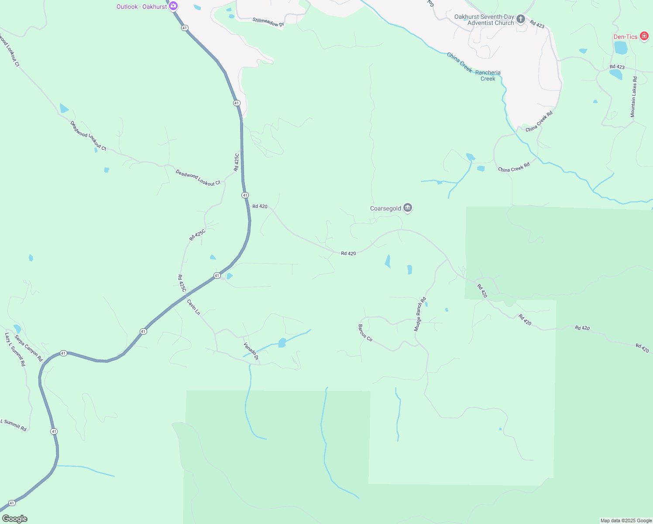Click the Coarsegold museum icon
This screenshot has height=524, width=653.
click(x=408, y=208)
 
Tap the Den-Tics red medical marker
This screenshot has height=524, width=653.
click(x=644, y=36)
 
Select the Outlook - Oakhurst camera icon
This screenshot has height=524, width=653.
click(x=173, y=6)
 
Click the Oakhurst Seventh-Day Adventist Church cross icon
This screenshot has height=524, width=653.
click(x=520, y=19)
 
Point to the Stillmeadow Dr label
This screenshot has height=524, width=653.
click(x=268, y=22)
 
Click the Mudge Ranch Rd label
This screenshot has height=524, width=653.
click(x=419, y=314)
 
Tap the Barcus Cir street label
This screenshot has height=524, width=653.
click(x=365, y=333)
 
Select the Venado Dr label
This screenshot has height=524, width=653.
click(x=251, y=351)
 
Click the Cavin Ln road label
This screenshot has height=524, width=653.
click(x=193, y=307)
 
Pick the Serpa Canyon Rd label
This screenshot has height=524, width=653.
click(x=28, y=348)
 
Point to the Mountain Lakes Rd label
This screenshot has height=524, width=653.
click(x=633, y=97)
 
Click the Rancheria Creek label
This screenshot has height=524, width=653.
click(x=488, y=76)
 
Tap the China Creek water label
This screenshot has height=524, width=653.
click(x=459, y=62)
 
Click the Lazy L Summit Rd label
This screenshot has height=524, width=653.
click(x=15, y=349)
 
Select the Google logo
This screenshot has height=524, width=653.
click(x=14, y=519)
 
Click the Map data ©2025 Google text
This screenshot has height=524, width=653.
click(x=626, y=521)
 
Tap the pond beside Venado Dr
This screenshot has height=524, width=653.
click(x=282, y=343)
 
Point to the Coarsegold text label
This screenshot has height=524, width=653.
click(x=385, y=208)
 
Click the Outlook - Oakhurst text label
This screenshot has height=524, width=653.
click(x=141, y=7)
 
